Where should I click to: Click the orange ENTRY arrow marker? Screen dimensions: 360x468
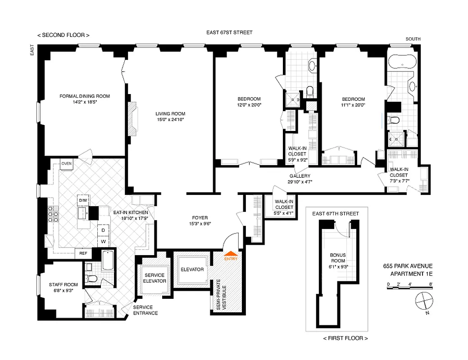click(231, 255)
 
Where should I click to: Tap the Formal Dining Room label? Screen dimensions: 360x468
click(85, 96)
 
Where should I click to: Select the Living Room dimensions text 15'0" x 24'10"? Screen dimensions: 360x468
click(171, 120)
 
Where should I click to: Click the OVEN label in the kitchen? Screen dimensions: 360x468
click(67, 163)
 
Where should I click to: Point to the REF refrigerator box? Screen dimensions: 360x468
click(83, 253)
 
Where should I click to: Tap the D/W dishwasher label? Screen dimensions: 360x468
click(83, 200)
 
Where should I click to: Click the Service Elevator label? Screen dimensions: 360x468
click(154, 278)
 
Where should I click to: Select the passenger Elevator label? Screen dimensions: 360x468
click(192, 270)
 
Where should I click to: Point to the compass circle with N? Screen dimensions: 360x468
click(424, 300)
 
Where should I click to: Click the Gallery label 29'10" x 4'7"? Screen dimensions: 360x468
click(300, 179)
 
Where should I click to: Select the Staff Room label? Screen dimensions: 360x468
click(63, 287)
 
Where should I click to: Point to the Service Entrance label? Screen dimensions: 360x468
click(145, 310)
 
